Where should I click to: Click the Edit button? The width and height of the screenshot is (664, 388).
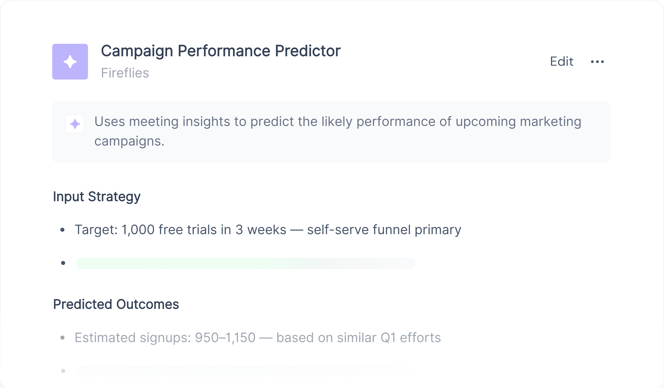(x=561, y=62)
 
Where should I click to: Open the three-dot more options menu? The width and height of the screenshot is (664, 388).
(x=597, y=62)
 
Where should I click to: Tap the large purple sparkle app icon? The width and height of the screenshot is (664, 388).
(x=70, y=62)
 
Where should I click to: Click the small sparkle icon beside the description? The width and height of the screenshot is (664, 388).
(x=75, y=124)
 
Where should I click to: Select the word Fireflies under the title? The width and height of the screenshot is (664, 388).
(x=125, y=73)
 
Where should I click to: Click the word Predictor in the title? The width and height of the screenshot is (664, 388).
(x=308, y=51)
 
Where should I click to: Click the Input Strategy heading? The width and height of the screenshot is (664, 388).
(x=97, y=197)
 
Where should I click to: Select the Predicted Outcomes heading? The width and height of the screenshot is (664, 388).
(x=116, y=304)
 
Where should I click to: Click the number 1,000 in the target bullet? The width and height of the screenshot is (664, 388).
(x=138, y=230)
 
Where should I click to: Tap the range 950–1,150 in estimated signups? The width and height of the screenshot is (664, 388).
(x=225, y=338)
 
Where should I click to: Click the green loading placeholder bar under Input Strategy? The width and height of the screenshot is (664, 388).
(x=246, y=264)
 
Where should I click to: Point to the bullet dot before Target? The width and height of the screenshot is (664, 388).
(x=62, y=230)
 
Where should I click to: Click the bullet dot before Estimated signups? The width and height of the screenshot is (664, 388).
(x=62, y=338)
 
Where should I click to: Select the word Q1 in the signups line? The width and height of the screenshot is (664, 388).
(x=388, y=338)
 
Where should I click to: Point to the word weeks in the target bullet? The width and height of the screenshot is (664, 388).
(x=267, y=229)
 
